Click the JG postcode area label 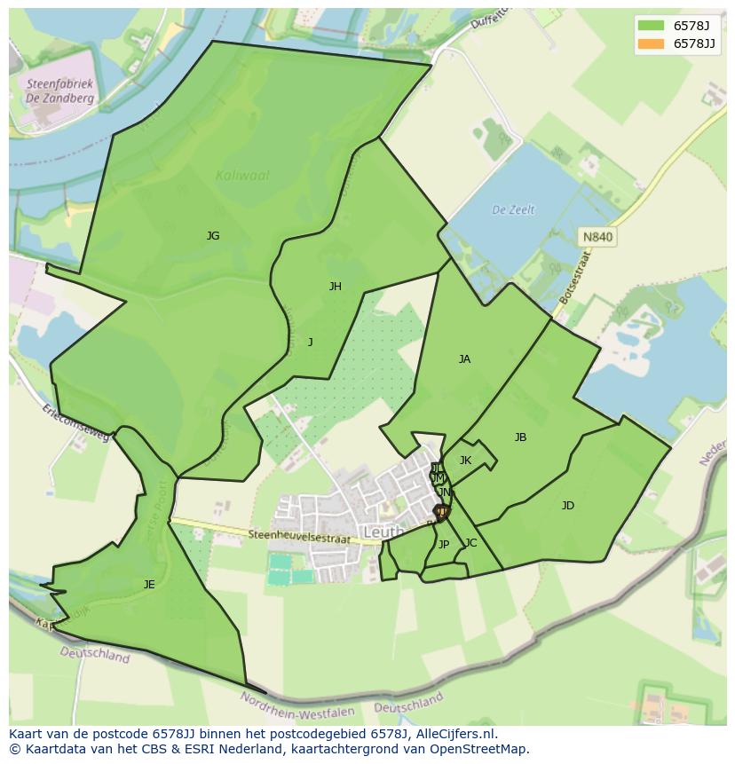tap(213, 236)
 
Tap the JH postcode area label tap(335, 287)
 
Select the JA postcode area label tap(464, 359)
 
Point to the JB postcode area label tap(520, 437)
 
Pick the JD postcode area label tap(567, 506)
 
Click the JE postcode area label tap(149, 585)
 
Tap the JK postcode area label tap(465, 461)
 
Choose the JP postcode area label tap(444, 545)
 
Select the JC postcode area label tap(470, 543)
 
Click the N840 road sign tap(597, 237)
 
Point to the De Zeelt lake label tap(514, 210)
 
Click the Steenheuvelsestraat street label tap(301, 535)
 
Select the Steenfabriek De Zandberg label tap(60, 91)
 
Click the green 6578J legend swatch tap(651, 25)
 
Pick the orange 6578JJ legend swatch tap(651, 43)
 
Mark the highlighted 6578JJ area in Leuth tap(441, 512)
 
